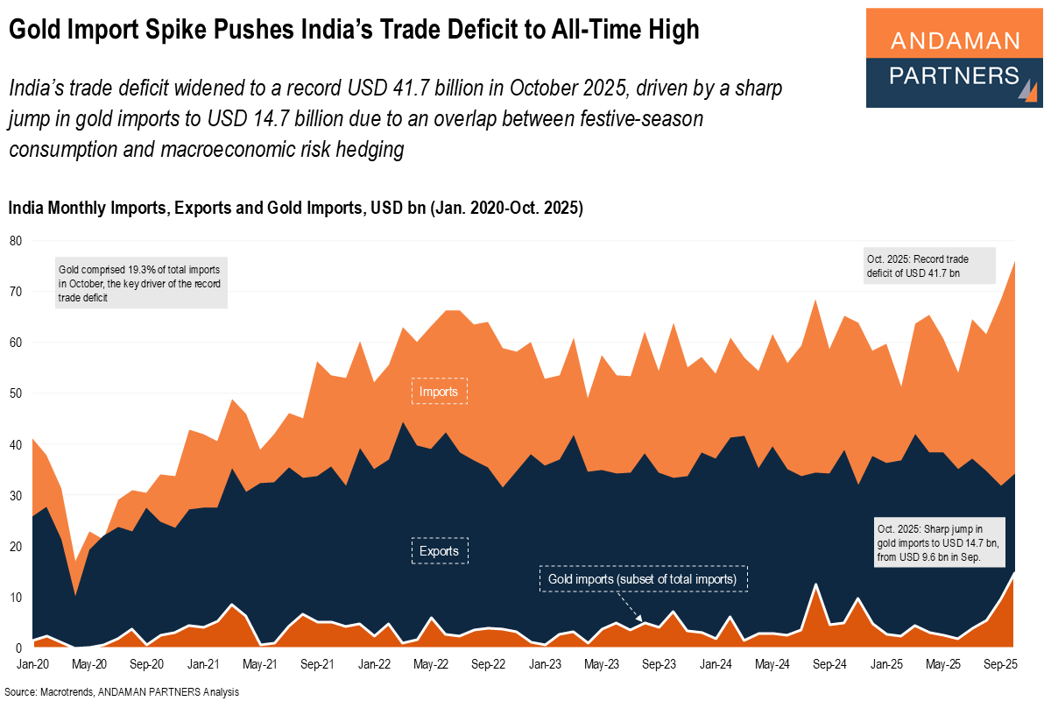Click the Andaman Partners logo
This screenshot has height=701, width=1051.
pyautogui.click(x=954, y=58)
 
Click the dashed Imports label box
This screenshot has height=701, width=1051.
pyautogui.click(x=440, y=391)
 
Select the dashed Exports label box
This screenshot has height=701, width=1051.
pyautogui.click(x=441, y=550)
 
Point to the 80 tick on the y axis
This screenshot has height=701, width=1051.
pyautogui.click(x=15, y=241)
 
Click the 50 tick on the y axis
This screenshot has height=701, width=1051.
pyautogui.click(x=15, y=393)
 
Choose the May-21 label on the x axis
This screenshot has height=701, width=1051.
pyautogui.click(x=259, y=665)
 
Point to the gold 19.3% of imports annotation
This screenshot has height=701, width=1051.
pyautogui.click(x=140, y=281)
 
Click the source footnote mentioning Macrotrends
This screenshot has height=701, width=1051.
pyautogui.click(x=123, y=691)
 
